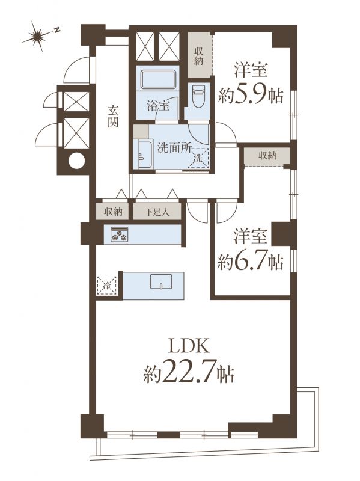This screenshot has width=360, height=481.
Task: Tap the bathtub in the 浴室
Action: click(x=159, y=79)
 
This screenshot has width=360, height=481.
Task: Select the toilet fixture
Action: click(x=197, y=96)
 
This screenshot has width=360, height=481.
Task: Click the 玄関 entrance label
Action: click(x=113, y=116)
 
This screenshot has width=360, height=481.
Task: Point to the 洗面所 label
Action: click(x=174, y=148)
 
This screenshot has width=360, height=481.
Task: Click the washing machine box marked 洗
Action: click(x=198, y=158)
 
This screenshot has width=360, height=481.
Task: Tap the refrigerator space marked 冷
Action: click(x=107, y=286)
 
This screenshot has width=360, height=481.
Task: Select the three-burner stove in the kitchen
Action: click(x=119, y=234)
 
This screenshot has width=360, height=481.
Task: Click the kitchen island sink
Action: click(x=161, y=281)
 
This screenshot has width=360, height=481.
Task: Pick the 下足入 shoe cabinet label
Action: click(x=157, y=212)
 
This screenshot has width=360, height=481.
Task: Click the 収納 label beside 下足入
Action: click(x=113, y=212)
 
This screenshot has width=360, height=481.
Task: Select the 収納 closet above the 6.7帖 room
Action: click(x=267, y=156)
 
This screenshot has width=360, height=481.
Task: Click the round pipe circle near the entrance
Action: click(x=76, y=161)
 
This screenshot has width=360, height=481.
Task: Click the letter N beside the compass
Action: click(x=56, y=29)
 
